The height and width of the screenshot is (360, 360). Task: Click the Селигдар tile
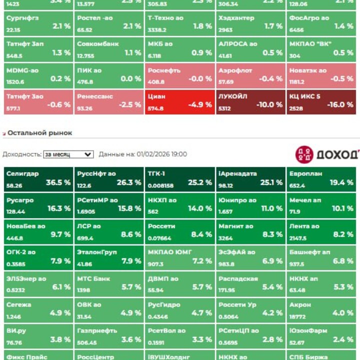38,178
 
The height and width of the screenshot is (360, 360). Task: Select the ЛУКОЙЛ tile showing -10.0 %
250,101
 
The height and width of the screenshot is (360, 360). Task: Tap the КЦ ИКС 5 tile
321,101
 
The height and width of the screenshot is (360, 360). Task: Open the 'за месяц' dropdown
68,154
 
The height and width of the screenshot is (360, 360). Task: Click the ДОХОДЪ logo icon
304,154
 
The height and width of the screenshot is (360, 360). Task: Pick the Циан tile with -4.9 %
179,101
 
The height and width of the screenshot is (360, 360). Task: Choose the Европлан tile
321,178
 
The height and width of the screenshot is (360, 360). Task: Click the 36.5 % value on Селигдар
58,183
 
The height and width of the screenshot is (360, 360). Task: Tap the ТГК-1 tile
179,178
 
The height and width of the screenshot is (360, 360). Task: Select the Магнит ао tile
250,231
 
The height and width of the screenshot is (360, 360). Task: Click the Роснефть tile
179,75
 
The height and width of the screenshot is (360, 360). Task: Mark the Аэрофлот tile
250,75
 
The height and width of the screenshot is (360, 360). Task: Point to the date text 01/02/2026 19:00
161,154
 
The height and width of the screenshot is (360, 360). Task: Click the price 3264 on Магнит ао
225,238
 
